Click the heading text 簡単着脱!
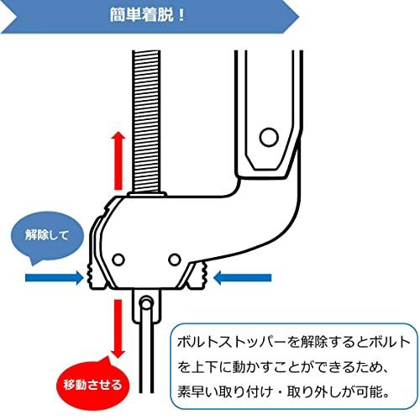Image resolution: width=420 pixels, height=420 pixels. pos(147,14)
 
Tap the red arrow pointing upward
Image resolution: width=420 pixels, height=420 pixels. pos(118,161)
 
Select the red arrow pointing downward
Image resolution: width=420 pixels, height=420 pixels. pos(118,328)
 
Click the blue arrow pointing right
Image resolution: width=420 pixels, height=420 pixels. pos(55,278)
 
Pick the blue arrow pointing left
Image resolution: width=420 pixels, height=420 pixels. pos(242,278)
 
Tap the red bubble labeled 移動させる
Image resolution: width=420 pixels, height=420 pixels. pos(92,384)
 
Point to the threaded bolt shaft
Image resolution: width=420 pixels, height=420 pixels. pos(146,122)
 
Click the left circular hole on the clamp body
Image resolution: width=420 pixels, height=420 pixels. pos(118,260)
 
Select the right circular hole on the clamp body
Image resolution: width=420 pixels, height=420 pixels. pos(175,260)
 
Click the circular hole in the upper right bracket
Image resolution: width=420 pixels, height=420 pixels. pos(269,137)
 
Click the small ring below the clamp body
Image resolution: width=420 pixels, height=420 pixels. pos(145,303)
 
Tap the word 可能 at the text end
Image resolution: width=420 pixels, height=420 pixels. pos(369,391)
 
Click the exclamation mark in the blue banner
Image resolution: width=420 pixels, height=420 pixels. pos(181,14)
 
